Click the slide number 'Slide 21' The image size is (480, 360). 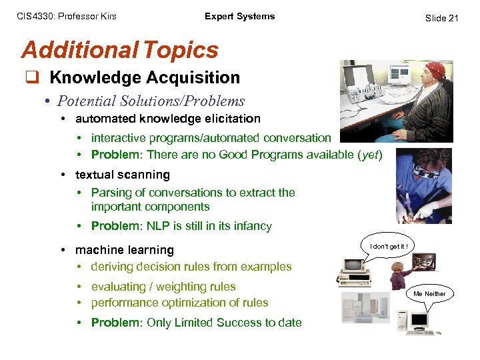pos(441,18)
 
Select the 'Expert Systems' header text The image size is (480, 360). pos(239,17)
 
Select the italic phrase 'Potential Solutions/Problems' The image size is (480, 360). pos(151,101)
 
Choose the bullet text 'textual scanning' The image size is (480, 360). pos(123,175)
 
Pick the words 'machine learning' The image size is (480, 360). pos(125,250)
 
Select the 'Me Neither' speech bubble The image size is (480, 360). pos(429,293)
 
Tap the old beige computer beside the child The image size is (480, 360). pos(350,270)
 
